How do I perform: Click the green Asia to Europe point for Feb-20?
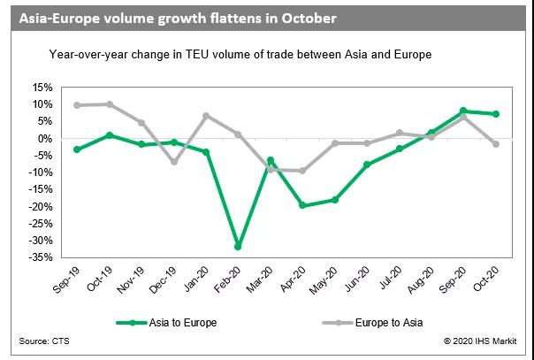pos(238,247)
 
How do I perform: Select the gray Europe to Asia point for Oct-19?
pos(109,104)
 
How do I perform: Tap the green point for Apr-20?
pos(302,205)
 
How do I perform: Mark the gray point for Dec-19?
pos(173,162)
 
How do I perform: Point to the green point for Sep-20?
pos(463,111)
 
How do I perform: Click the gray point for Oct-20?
pos(496,144)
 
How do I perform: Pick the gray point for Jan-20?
pos(206,116)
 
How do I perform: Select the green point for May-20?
pos(334,200)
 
